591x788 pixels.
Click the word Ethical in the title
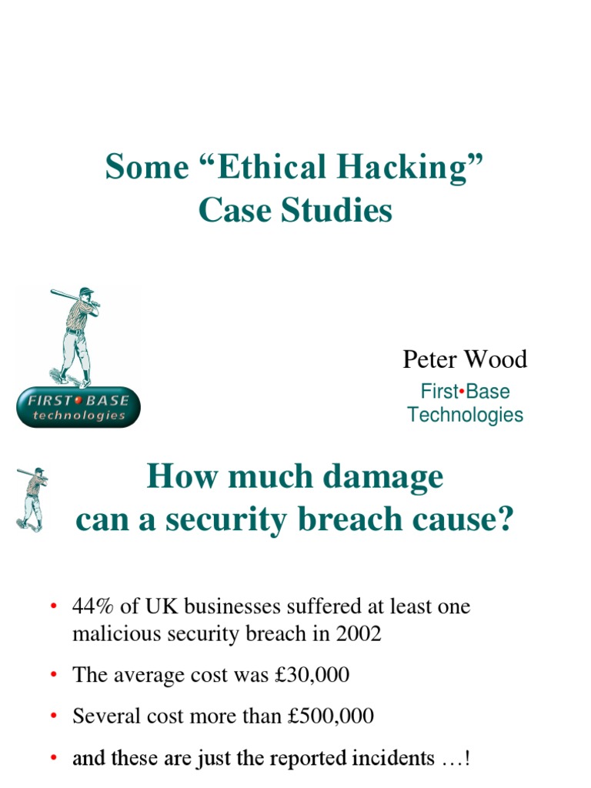tap(253, 168)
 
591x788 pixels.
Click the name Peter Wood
tap(465, 359)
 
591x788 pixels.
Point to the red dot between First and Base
tap(459, 391)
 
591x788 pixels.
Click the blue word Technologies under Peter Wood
tap(465, 416)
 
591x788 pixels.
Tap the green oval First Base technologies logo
tap(78, 407)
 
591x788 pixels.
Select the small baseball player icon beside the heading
tap(32, 498)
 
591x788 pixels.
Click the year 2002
tap(358, 634)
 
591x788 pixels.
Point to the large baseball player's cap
tap(86, 291)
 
